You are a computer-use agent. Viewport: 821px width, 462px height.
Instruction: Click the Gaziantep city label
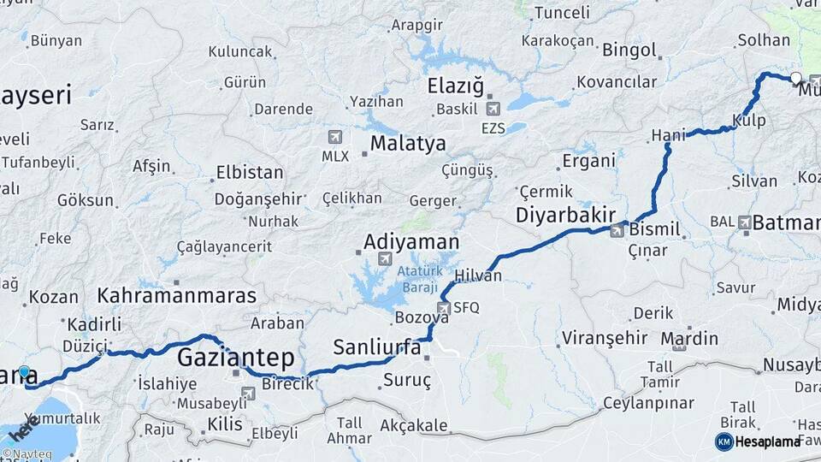(x=235, y=357)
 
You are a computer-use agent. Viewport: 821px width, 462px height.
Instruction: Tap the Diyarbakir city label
(x=565, y=215)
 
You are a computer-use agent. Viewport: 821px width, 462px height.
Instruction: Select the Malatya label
(x=408, y=143)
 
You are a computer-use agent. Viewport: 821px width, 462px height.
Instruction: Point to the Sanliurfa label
(x=377, y=347)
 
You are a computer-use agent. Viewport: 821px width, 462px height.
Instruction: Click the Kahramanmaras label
(x=177, y=296)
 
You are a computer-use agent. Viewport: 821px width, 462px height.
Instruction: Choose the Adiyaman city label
(x=411, y=242)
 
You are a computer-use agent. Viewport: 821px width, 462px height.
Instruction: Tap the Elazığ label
(x=455, y=86)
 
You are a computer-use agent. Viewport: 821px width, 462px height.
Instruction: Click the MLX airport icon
(x=334, y=137)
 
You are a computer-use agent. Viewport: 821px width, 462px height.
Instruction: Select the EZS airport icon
(x=493, y=109)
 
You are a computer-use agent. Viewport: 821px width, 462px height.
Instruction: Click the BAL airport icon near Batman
(x=744, y=222)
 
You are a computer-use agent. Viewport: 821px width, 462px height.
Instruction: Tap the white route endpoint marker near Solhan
(x=796, y=79)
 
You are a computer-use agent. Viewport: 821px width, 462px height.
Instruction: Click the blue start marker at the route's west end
(x=25, y=373)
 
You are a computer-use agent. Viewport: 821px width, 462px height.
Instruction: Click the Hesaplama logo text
(x=771, y=441)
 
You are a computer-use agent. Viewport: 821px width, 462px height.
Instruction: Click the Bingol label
(x=629, y=50)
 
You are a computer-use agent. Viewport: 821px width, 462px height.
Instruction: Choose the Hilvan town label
(x=478, y=275)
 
